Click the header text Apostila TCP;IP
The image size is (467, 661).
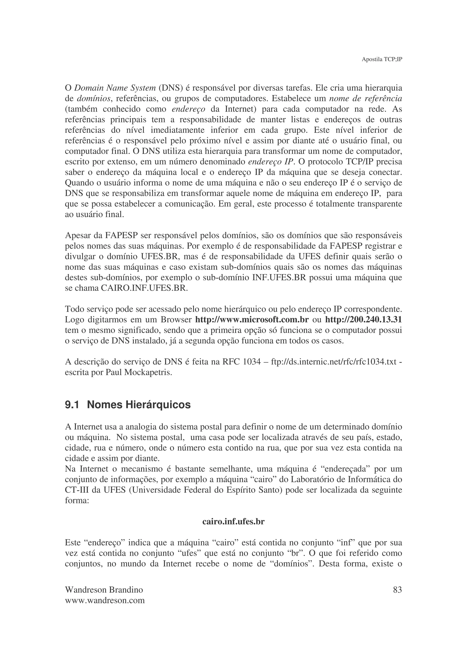click(381, 60)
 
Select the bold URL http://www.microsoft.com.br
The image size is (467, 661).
click(252, 320)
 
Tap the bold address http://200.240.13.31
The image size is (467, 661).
click(363, 320)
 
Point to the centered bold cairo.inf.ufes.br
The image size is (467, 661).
click(233, 522)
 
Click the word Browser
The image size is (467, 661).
click(176, 320)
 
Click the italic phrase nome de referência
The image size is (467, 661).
click(366, 99)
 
